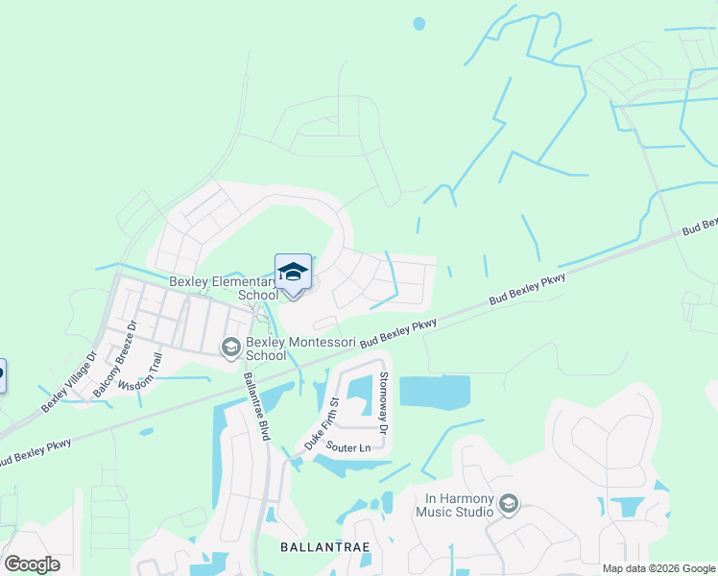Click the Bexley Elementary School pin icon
point(293,274)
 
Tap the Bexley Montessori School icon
point(230,348)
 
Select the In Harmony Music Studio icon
point(508,504)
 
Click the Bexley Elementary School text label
point(223,288)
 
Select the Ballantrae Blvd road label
point(254,405)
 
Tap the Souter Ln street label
point(347,448)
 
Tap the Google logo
point(32,564)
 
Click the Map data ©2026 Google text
point(658,568)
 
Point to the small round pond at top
point(418,23)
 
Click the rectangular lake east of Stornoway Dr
point(434,392)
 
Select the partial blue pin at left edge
point(2,373)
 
